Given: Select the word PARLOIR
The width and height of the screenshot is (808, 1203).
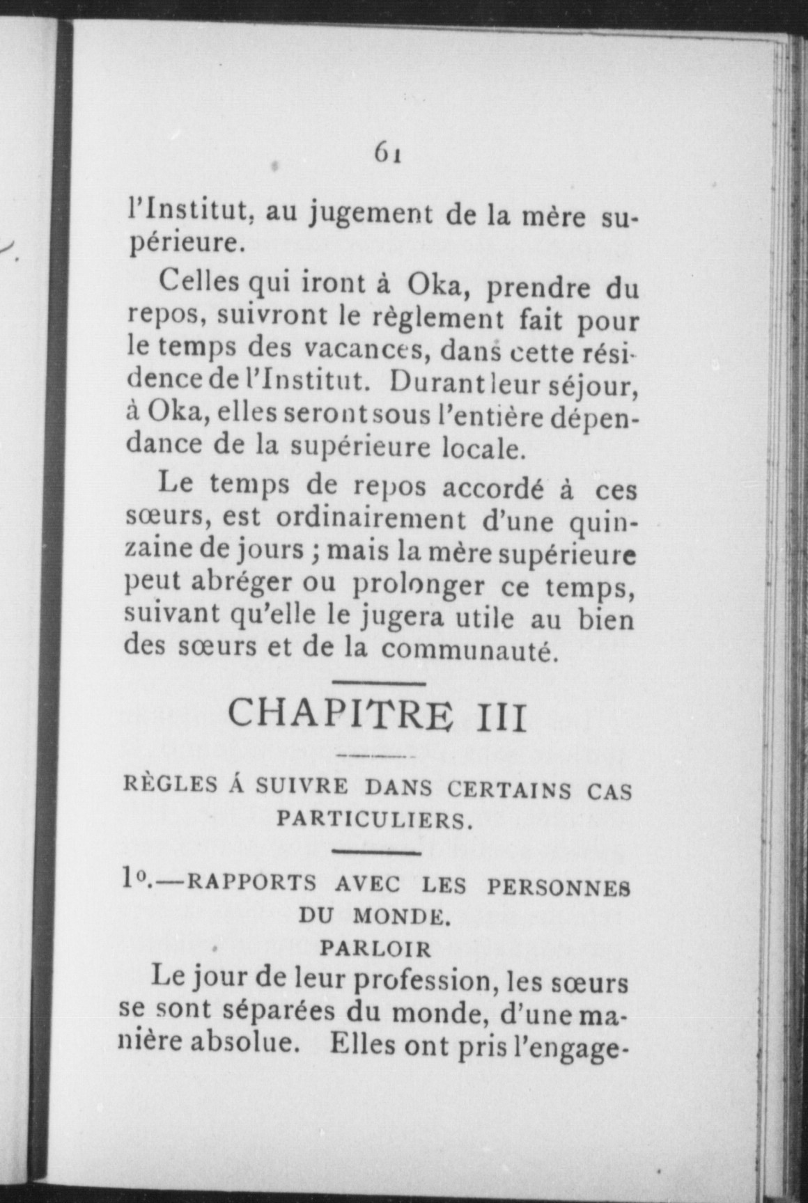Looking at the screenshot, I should (375, 949).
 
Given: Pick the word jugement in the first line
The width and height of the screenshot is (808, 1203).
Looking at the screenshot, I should (371, 212).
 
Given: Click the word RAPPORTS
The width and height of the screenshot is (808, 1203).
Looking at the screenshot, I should (252, 885).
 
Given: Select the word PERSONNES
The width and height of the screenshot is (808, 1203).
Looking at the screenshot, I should (558, 887).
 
